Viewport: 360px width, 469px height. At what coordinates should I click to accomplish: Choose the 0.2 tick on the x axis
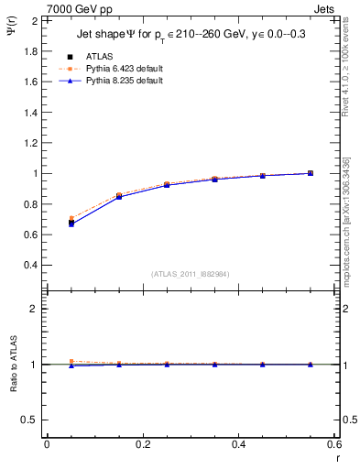tap(142, 444)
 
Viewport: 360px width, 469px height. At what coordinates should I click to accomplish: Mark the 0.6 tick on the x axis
tap(334, 444)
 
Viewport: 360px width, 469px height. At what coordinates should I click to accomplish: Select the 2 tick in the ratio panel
tap(34, 309)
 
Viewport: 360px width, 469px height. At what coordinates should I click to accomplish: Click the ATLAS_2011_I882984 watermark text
tap(191, 274)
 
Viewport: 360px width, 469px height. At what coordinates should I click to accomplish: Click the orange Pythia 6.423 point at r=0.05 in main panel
tap(71, 218)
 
